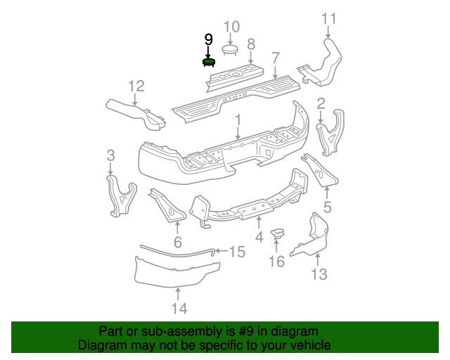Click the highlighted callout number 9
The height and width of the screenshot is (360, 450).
(x=208, y=40)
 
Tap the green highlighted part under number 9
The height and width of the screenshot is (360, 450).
(x=209, y=62)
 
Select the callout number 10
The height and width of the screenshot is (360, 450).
(x=231, y=27)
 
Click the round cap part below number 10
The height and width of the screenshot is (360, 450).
(x=231, y=49)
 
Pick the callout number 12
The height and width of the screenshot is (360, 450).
(x=136, y=86)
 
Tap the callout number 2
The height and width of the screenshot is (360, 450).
(x=321, y=105)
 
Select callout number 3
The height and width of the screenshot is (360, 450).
(x=110, y=155)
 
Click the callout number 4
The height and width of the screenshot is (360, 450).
(x=259, y=238)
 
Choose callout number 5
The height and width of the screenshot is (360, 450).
(x=327, y=207)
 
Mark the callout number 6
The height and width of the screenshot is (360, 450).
(x=177, y=243)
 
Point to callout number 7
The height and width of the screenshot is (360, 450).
(x=276, y=58)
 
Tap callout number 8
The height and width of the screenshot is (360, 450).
(x=250, y=45)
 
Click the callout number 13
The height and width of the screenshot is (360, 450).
(x=319, y=274)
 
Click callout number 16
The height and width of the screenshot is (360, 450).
(x=276, y=262)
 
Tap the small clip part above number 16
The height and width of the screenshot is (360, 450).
(x=278, y=233)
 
